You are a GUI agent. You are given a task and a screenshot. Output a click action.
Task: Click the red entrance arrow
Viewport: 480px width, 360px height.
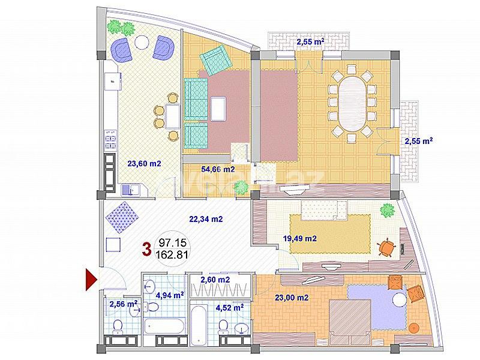pyautogui.click(x=91, y=280)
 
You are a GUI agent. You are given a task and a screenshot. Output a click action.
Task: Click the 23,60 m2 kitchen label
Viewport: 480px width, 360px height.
pyautogui.click(x=145, y=163)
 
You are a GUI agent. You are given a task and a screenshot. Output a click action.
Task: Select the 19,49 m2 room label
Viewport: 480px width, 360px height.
pyautogui.click(x=299, y=238)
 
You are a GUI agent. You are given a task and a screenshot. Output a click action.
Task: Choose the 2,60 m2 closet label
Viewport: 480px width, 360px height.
pyautogui.click(x=215, y=280)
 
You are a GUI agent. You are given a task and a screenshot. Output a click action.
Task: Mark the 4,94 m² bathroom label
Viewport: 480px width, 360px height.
pyautogui.click(x=170, y=294)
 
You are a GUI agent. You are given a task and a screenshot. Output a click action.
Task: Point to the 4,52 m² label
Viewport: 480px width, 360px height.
pyautogui.click(x=229, y=307)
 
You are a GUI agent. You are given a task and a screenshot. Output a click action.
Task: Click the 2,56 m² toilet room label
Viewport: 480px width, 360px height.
pyautogui.click(x=124, y=304)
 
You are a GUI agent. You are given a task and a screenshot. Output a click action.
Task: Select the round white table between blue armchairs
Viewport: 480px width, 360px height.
pyautogui.click(x=141, y=43)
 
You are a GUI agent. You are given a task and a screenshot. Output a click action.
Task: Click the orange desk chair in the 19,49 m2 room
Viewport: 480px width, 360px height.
pyautogui.click(x=387, y=247)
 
